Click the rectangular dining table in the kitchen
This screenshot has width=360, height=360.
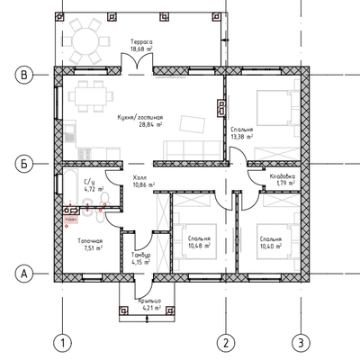tap(90, 94)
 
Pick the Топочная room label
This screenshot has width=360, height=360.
tap(90, 242)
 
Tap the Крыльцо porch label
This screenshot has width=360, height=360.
tap(149, 302)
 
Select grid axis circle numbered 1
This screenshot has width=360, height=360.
tap(60, 343)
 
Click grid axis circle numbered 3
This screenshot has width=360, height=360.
tap(304, 343)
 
